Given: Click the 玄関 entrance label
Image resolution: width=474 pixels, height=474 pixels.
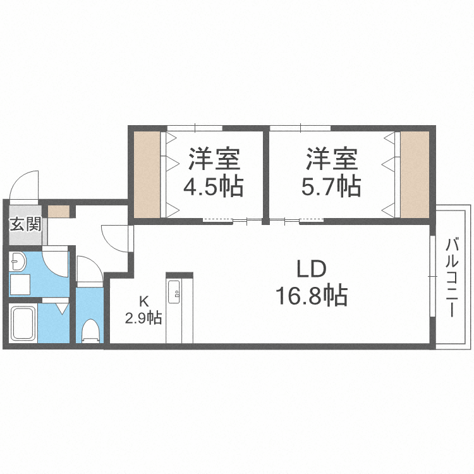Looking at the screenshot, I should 25,224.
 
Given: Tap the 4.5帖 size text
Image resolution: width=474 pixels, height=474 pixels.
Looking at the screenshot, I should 214,187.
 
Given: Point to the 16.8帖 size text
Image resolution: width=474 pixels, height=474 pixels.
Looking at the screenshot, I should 312,295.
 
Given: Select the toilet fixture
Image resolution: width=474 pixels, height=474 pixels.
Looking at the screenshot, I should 91,331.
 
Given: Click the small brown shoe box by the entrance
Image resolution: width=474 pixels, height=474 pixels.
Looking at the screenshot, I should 59,212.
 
